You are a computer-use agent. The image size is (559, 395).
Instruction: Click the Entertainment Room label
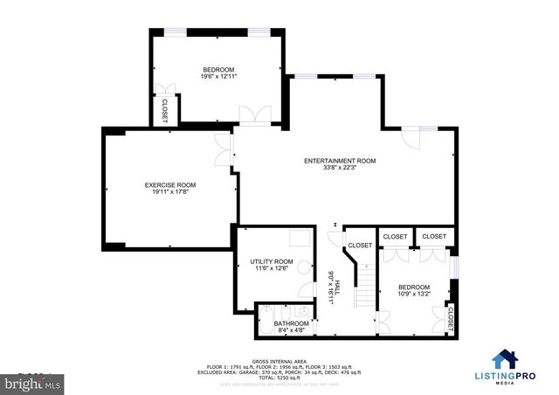click(x=340, y=161)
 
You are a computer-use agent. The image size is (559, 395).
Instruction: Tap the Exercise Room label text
click(x=169, y=185)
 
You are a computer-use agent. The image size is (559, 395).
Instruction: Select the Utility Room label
click(x=271, y=262)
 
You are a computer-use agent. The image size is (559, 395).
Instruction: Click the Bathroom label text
click(x=291, y=323)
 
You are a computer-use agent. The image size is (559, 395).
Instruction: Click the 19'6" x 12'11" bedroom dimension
click(x=218, y=77)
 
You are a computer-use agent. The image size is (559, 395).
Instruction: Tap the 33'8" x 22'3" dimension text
click(x=340, y=170)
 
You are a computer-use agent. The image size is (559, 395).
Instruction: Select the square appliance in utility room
click(x=300, y=239)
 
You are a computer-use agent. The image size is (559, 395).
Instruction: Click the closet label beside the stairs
click(x=359, y=245)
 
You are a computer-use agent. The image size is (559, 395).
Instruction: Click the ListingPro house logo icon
click(x=503, y=360)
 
